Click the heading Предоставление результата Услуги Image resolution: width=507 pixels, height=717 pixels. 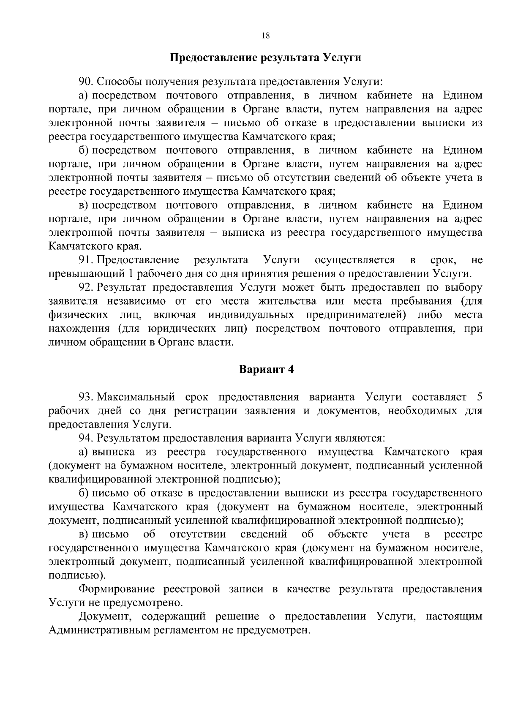(265, 57)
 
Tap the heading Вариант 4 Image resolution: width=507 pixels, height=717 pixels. (266, 369)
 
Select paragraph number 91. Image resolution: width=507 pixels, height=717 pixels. (86, 259)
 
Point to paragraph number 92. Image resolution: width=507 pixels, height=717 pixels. (86, 287)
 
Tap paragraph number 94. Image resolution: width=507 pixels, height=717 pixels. (86, 438)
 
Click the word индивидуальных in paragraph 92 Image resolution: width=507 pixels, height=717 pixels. (251, 315)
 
